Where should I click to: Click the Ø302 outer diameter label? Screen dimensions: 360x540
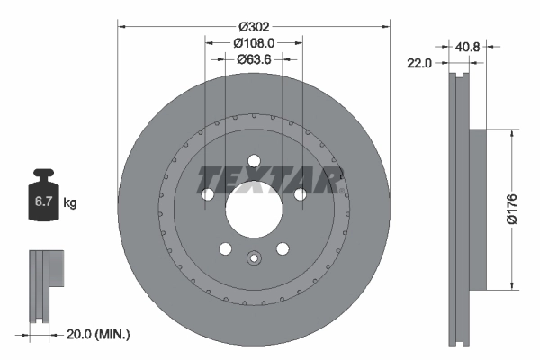253,15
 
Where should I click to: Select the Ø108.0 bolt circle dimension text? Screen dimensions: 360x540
253,42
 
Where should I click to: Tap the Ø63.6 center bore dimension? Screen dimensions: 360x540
253,60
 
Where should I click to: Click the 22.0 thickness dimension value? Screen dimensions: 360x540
420,62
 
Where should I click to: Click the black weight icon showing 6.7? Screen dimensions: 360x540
44,199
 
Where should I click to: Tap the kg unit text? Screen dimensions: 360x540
70,203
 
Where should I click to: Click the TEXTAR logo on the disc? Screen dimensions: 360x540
267,175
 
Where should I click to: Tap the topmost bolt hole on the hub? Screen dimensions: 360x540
254,161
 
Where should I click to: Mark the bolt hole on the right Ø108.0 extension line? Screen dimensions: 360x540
301,194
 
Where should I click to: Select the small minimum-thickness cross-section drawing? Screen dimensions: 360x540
45,288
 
